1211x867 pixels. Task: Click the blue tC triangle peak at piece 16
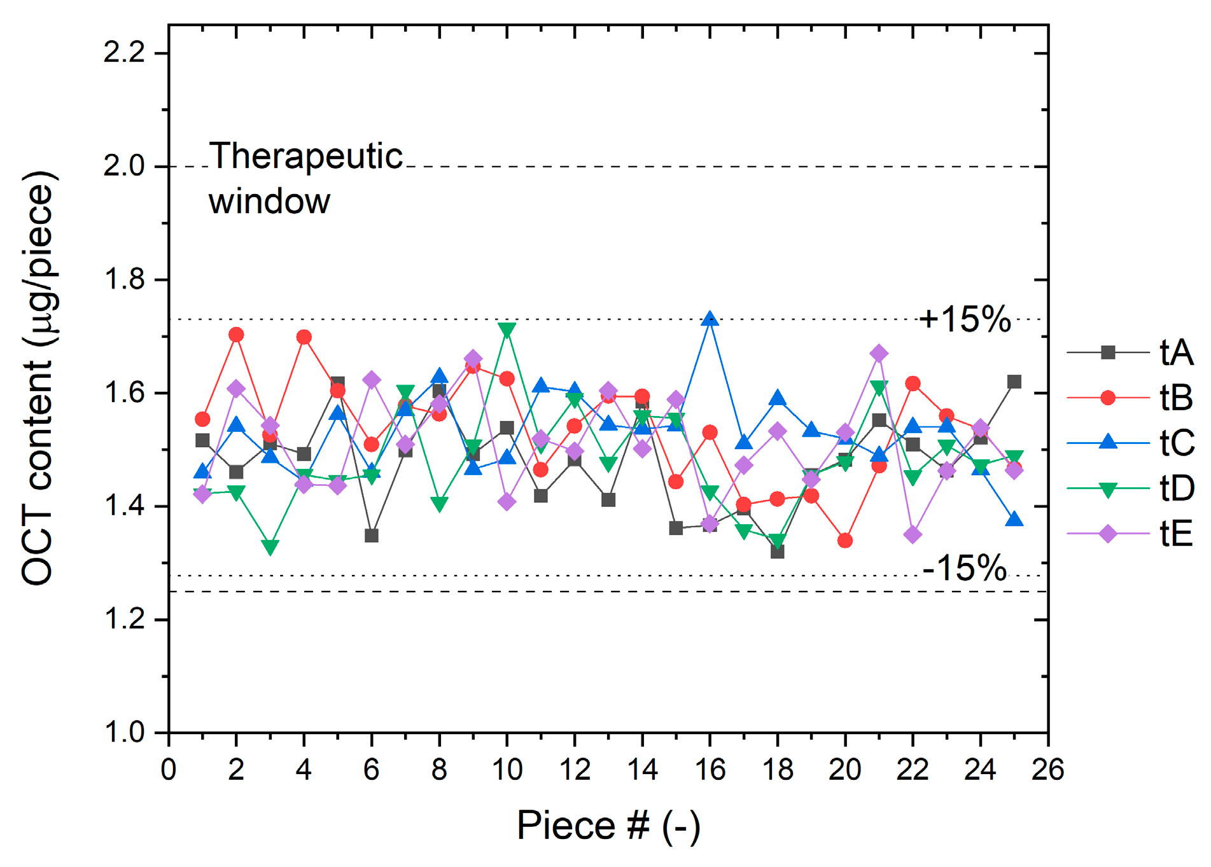pos(710,319)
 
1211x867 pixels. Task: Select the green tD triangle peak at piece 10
pos(507,329)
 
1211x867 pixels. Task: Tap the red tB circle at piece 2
pos(236,335)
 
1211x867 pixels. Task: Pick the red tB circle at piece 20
pos(845,541)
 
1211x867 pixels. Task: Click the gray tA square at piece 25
pos(1014,382)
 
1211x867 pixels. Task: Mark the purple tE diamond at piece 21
pos(879,354)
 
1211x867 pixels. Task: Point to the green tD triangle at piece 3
pos(270,546)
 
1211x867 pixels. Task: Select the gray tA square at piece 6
pos(372,536)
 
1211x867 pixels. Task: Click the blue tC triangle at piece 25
pos(1014,520)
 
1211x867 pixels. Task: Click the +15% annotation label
pos(965,319)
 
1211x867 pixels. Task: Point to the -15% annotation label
pos(965,567)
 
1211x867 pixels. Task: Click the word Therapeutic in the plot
pos(306,156)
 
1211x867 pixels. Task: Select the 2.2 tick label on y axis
pos(125,52)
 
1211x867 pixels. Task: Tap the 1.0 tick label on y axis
pos(125,733)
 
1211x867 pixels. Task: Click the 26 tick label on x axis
pos(1047,770)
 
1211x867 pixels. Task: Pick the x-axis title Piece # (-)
pos(608,826)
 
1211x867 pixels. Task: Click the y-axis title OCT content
pos(38,378)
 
